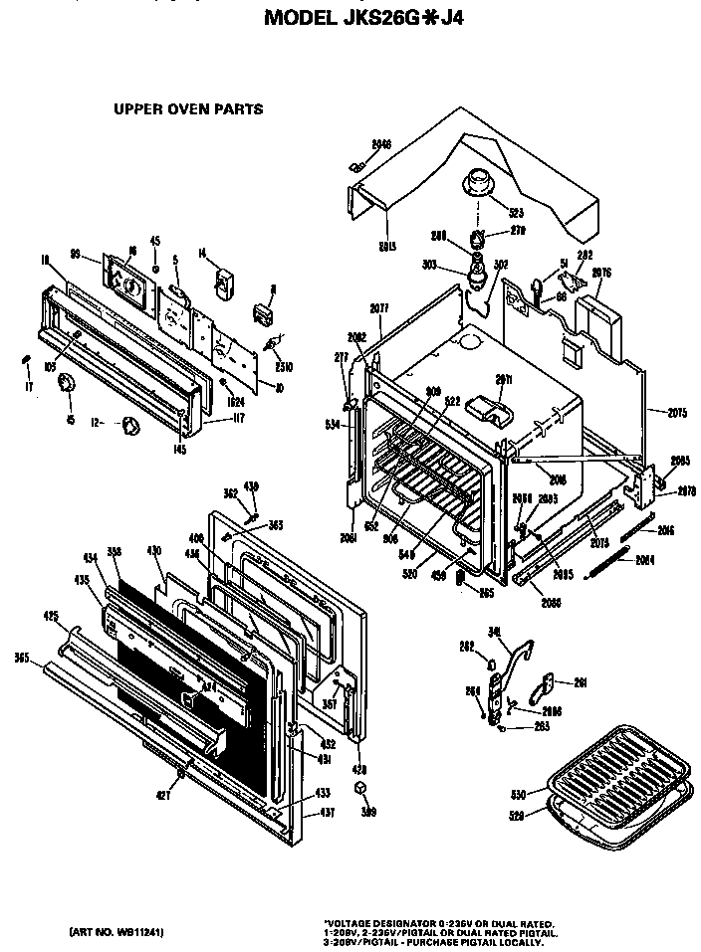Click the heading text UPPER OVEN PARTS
tap(188, 109)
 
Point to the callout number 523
tap(516, 212)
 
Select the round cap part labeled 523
tap(477, 183)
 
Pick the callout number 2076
tap(600, 272)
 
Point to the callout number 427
tap(162, 795)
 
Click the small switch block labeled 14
tap(223, 282)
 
